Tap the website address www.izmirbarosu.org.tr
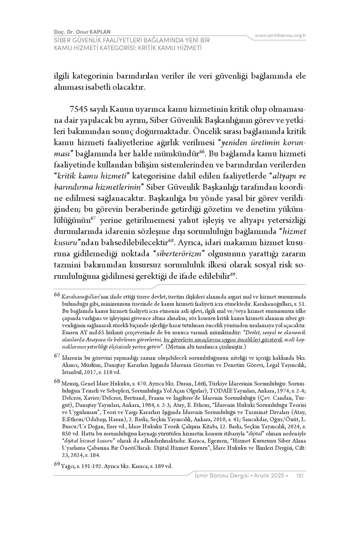click(x=280, y=35)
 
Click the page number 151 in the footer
click(x=300, y=475)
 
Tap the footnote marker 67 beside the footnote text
click(x=57, y=356)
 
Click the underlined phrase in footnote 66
click(x=223, y=340)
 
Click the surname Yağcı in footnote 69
click(x=68, y=466)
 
